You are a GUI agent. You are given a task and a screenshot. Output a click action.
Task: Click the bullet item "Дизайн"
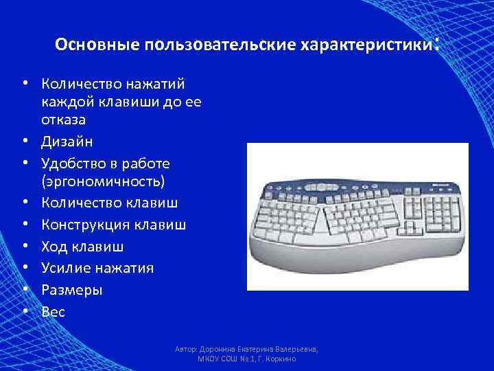[x=67, y=142]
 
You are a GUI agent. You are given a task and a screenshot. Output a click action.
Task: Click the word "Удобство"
[x=74, y=164]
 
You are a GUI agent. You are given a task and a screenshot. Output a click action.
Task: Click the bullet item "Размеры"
[x=72, y=290]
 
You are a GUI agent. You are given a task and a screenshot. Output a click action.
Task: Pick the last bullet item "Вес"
[x=53, y=312]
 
